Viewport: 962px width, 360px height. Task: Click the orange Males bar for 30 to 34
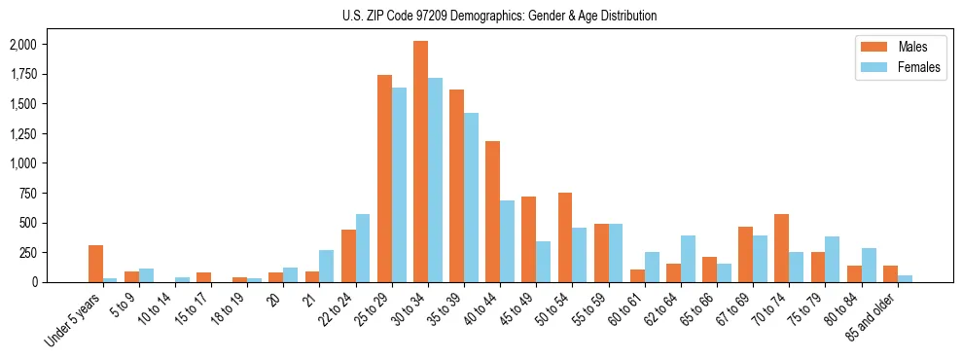tap(420, 162)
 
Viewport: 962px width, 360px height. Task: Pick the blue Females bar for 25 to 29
tap(399, 185)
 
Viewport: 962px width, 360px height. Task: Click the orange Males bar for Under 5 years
tap(95, 264)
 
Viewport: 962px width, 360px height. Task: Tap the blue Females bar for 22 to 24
tap(363, 248)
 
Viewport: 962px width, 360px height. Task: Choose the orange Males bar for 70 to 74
tap(781, 248)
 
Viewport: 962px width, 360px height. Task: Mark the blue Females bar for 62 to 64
tap(688, 259)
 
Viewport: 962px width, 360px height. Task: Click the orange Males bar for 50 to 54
tap(564, 237)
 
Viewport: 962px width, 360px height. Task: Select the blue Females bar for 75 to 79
tap(832, 259)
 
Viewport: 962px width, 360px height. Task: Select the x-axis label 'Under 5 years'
tap(74, 318)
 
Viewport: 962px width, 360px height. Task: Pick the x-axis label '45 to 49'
tap(515, 309)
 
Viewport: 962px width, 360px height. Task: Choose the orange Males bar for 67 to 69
tap(745, 254)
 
